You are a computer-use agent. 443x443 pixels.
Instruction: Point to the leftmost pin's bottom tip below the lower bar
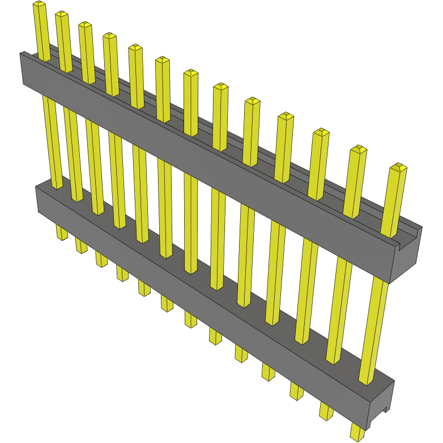(x=61, y=235)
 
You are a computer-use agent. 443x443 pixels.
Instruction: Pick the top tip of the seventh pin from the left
(x=191, y=73)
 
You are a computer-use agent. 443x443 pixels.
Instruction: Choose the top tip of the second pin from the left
(x=61, y=14)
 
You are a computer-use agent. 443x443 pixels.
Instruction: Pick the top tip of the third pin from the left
(x=85, y=25)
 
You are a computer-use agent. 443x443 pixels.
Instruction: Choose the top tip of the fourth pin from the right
(x=286, y=117)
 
